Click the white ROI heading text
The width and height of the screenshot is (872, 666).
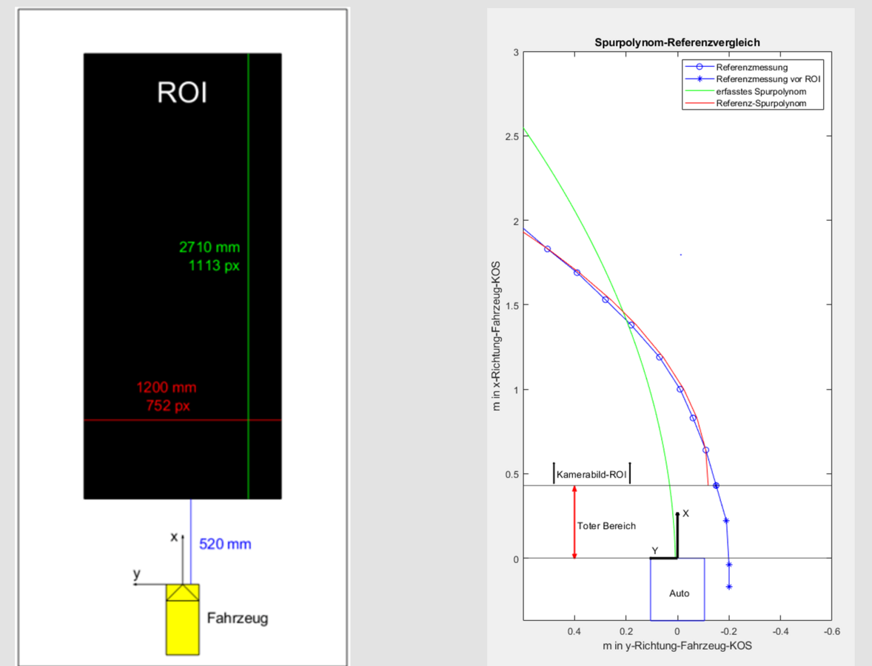[182, 93]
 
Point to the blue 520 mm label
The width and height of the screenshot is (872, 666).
[225, 545]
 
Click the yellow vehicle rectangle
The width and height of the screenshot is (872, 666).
[182, 627]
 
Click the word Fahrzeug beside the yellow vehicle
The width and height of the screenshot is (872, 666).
[237, 618]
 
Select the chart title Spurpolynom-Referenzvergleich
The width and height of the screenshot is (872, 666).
[677, 43]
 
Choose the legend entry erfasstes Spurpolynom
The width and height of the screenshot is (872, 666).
[761, 91]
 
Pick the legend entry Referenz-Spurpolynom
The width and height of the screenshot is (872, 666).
[760, 103]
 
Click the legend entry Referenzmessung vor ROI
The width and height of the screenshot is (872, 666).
[768, 79]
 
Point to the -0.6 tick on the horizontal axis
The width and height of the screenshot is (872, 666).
[831, 631]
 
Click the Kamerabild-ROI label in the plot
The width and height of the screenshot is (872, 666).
[591, 474]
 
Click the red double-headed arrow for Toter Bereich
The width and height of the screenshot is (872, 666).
[574, 522]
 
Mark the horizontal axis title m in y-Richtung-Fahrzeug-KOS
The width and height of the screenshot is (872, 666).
[677, 646]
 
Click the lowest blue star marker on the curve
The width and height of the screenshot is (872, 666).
[729, 587]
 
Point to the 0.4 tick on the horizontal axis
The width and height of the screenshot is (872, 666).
[574, 631]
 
